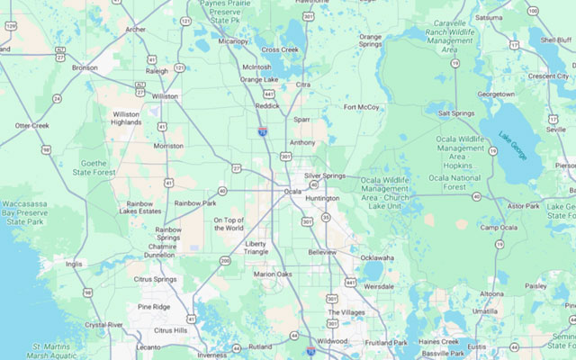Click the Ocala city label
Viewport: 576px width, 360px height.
tap(292, 191)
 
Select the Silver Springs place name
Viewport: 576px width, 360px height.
tap(324, 175)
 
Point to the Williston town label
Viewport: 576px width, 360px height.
tap(165, 95)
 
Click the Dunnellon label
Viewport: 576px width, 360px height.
tap(159, 255)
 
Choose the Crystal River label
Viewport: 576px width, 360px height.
tap(103, 325)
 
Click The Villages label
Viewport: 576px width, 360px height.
tap(346, 312)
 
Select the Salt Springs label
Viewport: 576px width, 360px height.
tap(456, 113)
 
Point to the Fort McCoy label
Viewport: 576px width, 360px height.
tap(361, 107)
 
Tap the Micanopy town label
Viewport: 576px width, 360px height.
tap(232, 40)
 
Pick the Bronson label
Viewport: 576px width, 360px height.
tap(85, 67)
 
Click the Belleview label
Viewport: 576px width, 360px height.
tap(322, 252)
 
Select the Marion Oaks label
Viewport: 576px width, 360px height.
tap(273, 274)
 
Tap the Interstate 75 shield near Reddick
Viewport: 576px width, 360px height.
tap(262, 131)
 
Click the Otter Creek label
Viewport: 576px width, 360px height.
tap(31, 125)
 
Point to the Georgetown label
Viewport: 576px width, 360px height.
tap(496, 93)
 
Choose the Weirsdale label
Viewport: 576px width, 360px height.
tap(378, 285)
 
